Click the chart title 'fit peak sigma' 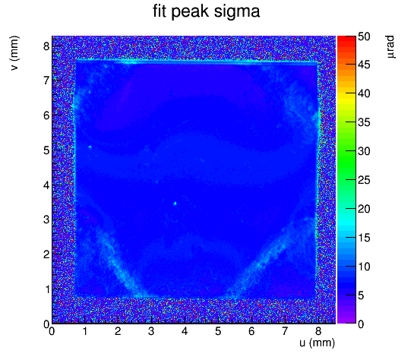[206, 11]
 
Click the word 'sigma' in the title [237, 11]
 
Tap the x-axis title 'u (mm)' [317, 343]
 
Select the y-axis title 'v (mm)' [14, 53]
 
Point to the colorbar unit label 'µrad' [390, 46]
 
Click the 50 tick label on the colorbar [364, 36]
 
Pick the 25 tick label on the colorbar [364, 180]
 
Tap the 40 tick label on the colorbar [364, 93]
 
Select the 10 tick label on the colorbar [364, 267]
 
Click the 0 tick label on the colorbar [361, 324]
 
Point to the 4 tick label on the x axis [185, 331]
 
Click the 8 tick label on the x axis [318, 331]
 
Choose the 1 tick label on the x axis [85, 331]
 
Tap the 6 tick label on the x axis [251, 331]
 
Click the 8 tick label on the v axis [46, 46]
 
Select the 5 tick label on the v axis [46, 150]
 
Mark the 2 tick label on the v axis [46, 254]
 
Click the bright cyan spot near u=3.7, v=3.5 [175, 204]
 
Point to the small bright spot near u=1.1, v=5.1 [90, 147]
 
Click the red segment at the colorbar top [346, 39]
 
